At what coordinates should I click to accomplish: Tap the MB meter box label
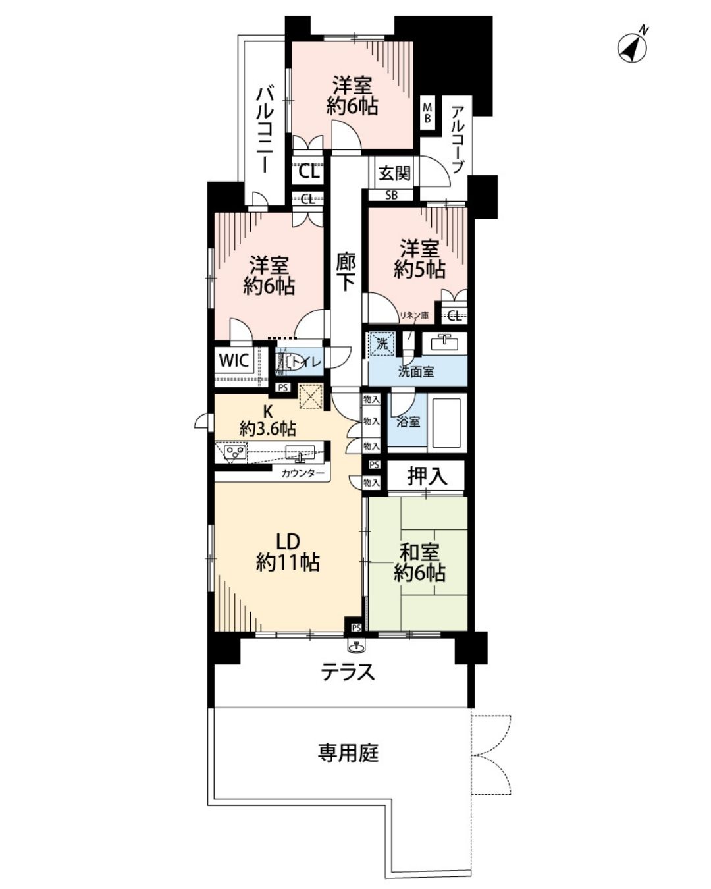tap(427, 113)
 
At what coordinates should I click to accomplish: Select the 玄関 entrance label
tap(394, 173)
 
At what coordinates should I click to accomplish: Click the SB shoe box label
tap(391, 195)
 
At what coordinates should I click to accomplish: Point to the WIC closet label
tap(234, 360)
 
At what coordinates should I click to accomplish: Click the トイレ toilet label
tap(306, 362)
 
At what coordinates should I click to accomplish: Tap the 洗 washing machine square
tap(381, 343)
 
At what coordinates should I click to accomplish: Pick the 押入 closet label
tap(427, 476)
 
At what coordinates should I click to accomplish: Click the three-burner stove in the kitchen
tap(234, 452)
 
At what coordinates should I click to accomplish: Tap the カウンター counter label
tap(303, 474)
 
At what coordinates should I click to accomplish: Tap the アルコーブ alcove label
tap(458, 140)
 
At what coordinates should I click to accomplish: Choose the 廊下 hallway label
tap(346, 271)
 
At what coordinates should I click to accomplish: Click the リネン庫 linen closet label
tap(413, 315)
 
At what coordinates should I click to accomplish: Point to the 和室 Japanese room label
tap(419, 553)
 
